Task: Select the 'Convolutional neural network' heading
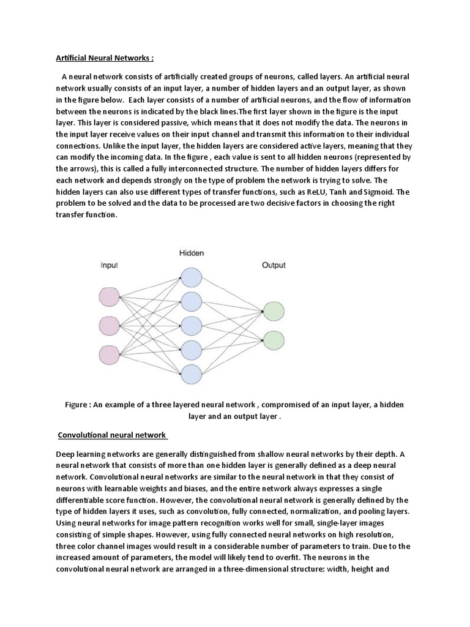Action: point(112,435)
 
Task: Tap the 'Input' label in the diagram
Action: point(110,265)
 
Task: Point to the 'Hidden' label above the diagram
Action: point(191,252)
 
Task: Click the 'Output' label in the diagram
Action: point(274,265)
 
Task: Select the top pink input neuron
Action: point(110,297)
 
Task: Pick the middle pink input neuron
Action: point(110,326)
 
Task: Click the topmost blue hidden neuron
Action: point(191,277)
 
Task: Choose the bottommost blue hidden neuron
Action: point(191,373)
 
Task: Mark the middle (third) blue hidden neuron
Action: point(191,325)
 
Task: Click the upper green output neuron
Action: point(273,310)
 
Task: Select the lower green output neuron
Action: point(273,339)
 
